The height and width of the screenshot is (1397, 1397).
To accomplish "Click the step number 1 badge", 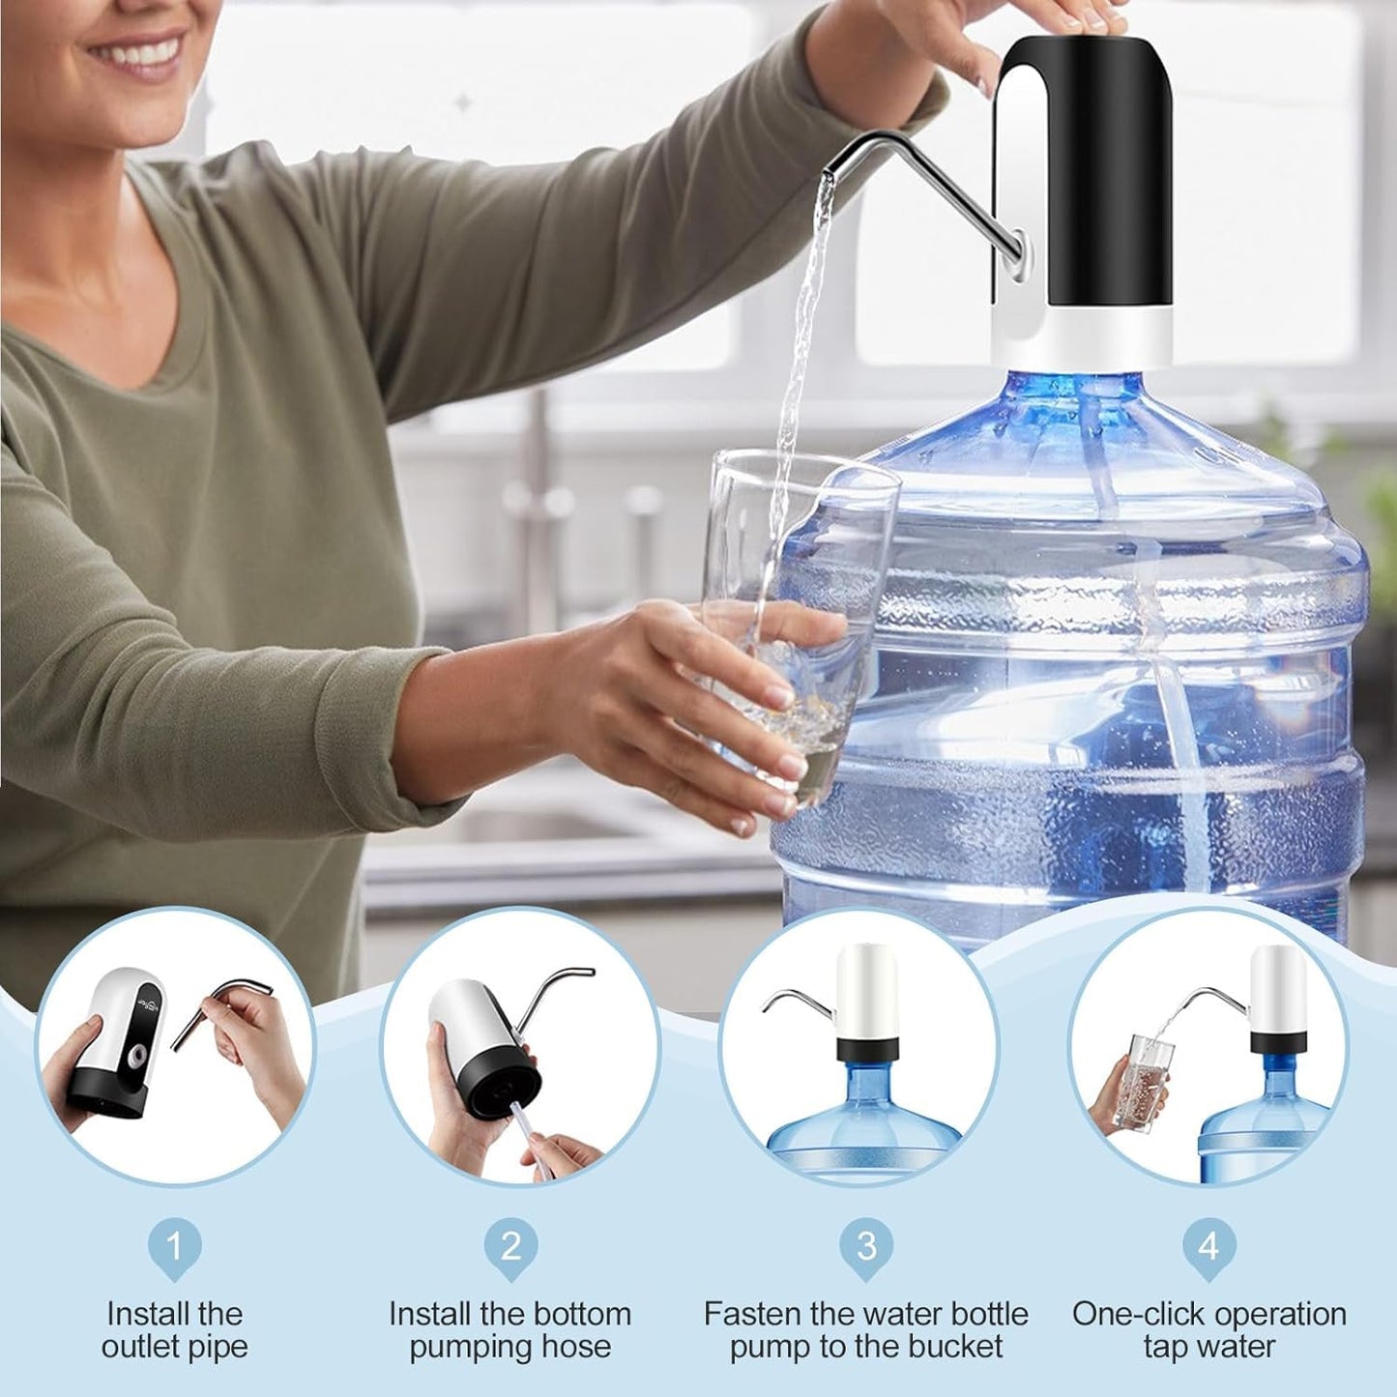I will [174, 1246].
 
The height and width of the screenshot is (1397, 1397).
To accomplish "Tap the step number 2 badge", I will [510, 1246].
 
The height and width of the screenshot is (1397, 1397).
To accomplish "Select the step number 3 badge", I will [866, 1246].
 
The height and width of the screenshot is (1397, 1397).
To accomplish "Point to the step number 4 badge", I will [1208, 1246].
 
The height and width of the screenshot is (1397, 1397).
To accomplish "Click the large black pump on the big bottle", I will [1088, 184].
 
